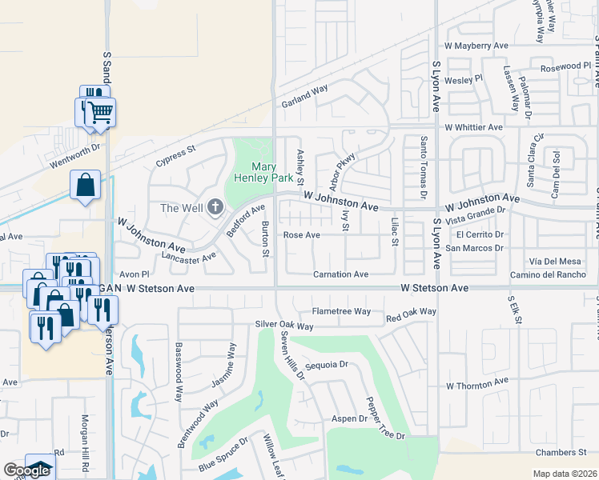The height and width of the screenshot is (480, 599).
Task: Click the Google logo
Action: tap(26, 470)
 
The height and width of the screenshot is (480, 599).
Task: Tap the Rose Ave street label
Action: tap(302, 235)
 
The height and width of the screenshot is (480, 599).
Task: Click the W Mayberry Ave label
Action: tap(477, 46)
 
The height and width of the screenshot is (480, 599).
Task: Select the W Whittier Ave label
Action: tap(474, 127)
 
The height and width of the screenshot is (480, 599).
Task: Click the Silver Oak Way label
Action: tap(284, 326)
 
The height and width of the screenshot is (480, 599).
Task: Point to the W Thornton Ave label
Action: tap(477, 386)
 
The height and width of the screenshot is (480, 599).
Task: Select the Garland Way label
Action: tap(304, 97)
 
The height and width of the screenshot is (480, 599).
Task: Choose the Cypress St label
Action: tap(176, 153)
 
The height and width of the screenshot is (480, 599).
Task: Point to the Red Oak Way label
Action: tap(411, 312)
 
